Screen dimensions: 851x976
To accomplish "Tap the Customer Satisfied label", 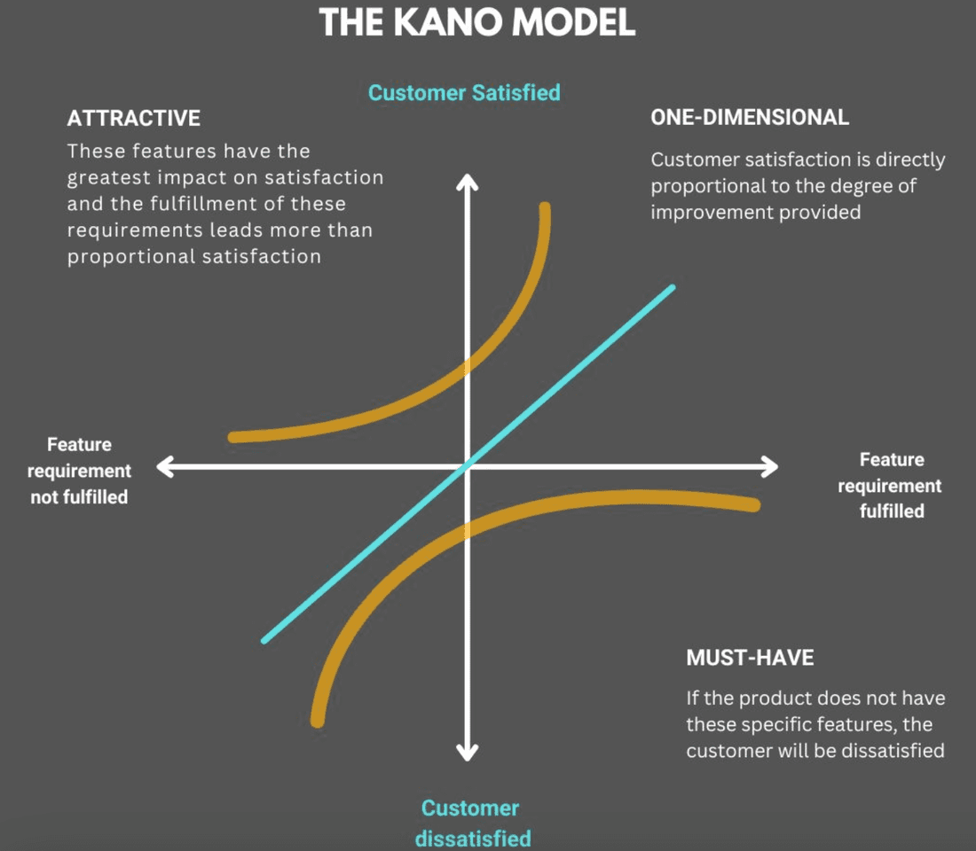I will point(464,92).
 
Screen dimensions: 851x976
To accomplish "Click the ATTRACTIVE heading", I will point(133,118).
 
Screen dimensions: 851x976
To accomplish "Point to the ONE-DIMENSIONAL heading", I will point(750,117).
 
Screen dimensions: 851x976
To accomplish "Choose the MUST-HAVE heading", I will point(750,658).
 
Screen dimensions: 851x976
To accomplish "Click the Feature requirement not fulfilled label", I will point(80,471).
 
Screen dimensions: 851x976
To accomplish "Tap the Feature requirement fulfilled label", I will point(891,485).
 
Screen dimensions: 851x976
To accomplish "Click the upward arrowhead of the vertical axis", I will point(467,181).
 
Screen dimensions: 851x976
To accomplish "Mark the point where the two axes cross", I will point(468,466).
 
